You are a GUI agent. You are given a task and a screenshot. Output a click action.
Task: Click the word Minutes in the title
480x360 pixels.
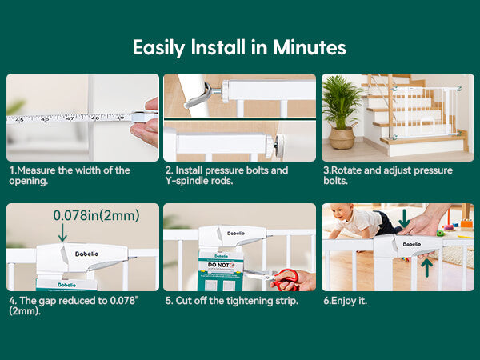309,47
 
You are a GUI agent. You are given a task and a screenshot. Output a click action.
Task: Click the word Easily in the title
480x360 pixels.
159,48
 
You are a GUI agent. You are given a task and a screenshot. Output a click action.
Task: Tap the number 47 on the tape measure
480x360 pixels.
70,118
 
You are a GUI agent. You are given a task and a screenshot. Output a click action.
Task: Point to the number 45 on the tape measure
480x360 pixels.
19,120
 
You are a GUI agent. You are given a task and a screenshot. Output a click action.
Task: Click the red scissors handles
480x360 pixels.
287,280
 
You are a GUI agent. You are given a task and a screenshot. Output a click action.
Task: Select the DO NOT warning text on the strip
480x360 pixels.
221,265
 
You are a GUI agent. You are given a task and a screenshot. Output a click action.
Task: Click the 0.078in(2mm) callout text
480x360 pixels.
96,215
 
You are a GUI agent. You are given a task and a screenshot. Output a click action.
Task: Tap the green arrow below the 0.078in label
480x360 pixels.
62,233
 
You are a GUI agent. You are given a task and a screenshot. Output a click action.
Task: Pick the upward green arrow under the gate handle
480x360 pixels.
426,268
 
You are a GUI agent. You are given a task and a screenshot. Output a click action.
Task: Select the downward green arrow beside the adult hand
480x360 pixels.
404,218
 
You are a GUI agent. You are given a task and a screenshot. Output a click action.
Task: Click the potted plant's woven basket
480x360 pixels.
342,138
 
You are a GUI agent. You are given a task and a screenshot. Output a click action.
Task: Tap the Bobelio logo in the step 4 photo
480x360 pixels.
86,254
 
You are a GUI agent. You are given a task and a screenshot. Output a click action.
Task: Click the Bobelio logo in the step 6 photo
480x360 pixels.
412,244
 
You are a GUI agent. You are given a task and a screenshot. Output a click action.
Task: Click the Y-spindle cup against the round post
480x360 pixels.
197,96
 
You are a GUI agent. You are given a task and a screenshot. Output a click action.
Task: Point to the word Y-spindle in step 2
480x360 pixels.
183,181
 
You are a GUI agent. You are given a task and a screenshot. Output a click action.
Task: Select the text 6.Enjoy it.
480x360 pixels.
345,301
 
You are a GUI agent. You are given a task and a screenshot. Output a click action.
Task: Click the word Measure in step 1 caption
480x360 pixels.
37,170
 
